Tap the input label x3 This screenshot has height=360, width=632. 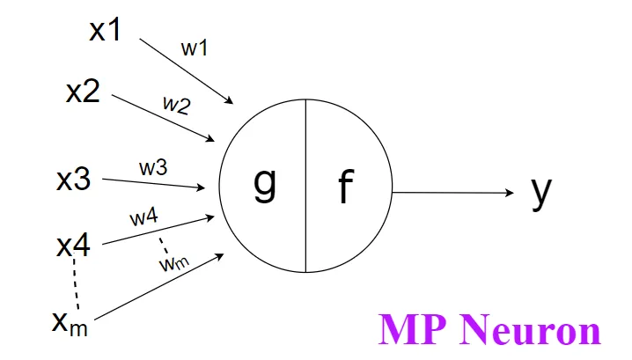[x=73, y=180]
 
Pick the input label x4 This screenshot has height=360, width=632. [x=73, y=246]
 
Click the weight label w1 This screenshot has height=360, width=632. [x=195, y=49]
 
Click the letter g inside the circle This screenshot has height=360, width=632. [x=264, y=182]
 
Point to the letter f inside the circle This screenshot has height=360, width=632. [x=345, y=187]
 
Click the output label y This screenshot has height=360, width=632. [x=541, y=192]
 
